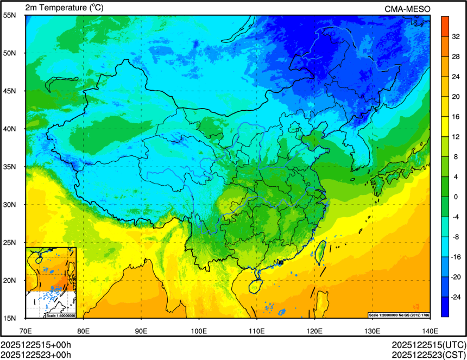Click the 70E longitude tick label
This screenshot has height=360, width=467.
[x=26, y=331]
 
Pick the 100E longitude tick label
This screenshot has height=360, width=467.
[x=199, y=331]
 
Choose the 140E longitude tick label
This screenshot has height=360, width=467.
[x=430, y=331]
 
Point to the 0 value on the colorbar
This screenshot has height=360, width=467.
[x=456, y=197]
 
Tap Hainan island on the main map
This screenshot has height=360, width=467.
[x=253, y=285]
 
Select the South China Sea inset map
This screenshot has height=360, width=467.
[x=51, y=282]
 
